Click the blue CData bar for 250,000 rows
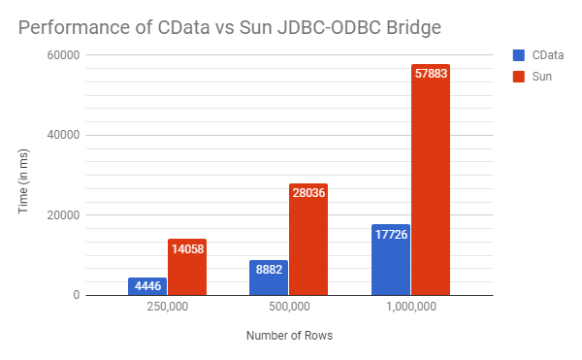147,287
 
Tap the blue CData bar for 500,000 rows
269,278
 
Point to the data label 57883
431,74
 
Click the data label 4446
147,286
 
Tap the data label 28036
308,193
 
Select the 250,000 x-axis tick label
167,308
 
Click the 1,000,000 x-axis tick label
410,308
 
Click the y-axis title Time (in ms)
25,175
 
